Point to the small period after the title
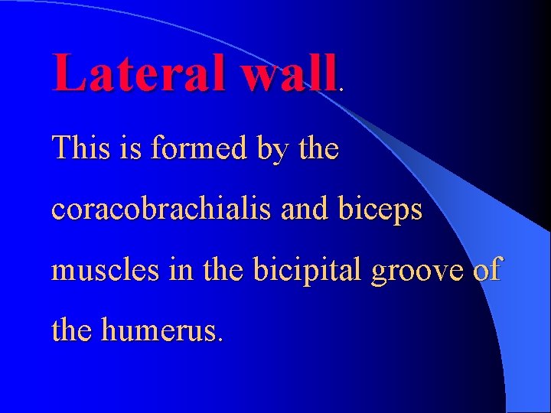click(x=341, y=89)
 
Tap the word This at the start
click(x=79, y=147)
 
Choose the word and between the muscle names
click(x=305, y=208)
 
